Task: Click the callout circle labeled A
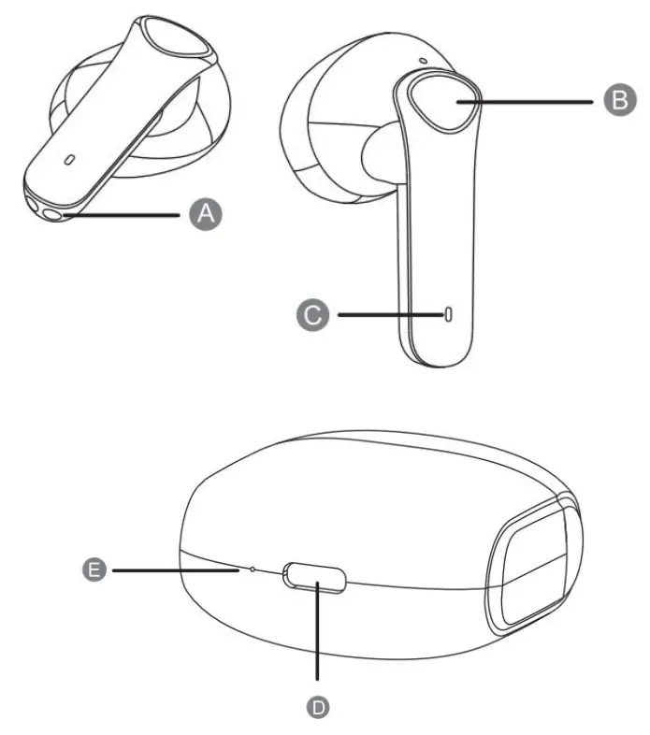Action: [207, 214]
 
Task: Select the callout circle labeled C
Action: [317, 315]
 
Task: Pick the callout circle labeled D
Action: [320, 708]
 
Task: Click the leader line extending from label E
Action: [173, 568]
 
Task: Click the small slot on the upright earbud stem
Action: [449, 315]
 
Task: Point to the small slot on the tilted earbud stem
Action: [69, 158]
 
